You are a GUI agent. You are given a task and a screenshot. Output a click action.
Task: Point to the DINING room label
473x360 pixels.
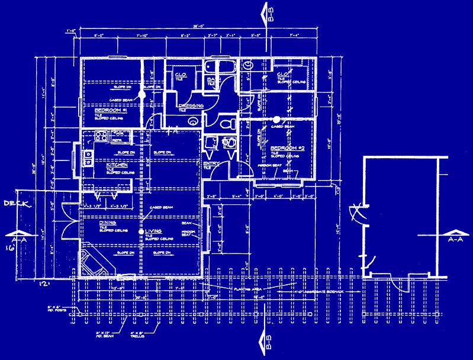tap(99, 223)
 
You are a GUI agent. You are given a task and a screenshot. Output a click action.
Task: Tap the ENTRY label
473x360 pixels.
tap(211, 163)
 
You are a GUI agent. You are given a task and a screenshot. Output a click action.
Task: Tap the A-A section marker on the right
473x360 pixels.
tap(455, 236)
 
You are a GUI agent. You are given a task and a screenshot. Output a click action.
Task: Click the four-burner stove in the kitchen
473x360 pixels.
tap(100, 137)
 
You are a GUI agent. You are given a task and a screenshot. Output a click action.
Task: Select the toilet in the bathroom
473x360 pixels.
tap(227, 124)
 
